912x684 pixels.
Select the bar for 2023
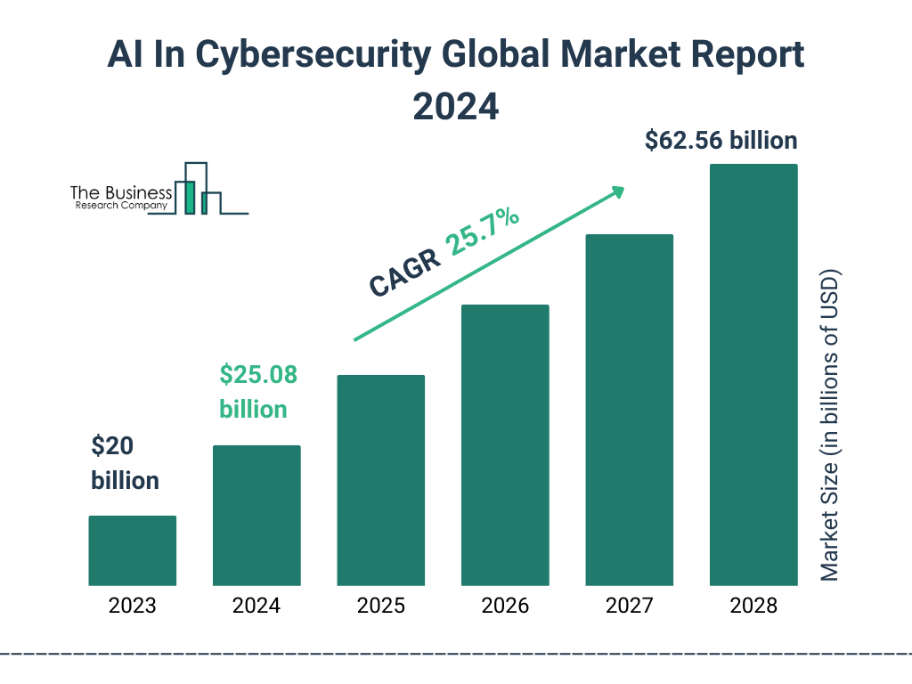coord(133,550)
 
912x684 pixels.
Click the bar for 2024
coord(256,515)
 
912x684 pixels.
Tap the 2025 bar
coord(380,480)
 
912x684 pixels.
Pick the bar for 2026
coord(505,445)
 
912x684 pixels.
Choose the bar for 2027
coord(629,410)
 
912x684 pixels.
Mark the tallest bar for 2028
coord(753,375)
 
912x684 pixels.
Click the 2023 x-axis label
coord(133,607)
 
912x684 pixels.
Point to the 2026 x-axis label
coord(505,607)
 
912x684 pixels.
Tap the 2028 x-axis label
coord(753,607)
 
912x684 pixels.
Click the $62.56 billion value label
coord(721,141)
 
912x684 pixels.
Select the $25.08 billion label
coord(258,392)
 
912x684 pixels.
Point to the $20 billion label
coord(125,463)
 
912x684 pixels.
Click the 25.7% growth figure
coord(483,232)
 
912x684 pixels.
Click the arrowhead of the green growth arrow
coord(617,191)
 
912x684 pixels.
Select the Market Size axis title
coord(830,424)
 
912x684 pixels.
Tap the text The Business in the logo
coord(121,193)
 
